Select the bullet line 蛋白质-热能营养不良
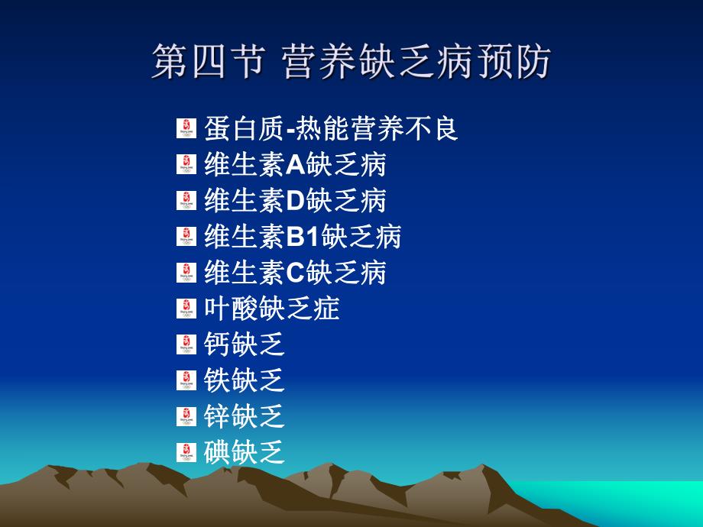pyautogui.click(x=331, y=128)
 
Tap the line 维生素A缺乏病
pyautogui.click(x=295, y=164)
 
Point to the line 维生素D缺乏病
pyautogui.click(x=295, y=200)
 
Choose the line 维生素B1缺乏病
pyautogui.click(x=303, y=237)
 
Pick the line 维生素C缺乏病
pyautogui.click(x=295, y=273)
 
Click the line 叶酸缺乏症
pyautogui.click(x=272, y=309)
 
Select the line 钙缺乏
pyautogui.click(x=245, y=344)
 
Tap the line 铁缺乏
pyautogui.click(x=245, y=380)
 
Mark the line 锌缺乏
pyautogui.click(x=245, y=416)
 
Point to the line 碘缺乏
pyautogui.click(x=245, y=452)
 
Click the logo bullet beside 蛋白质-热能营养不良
pyautogui.click(x=186, y=128)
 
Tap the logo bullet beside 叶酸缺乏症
pyautogui.click(x=186, y=309)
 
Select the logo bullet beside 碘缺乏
pyautogui.click(x=186, y=452)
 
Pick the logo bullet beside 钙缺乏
pyautogui.click(x=186, y=344)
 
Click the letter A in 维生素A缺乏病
pyautogui.click(x=295, y=164)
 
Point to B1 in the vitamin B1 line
pyautogui.click(x=303, y=237)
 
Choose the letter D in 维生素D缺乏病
pyautogui.click(x=296, y=200)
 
